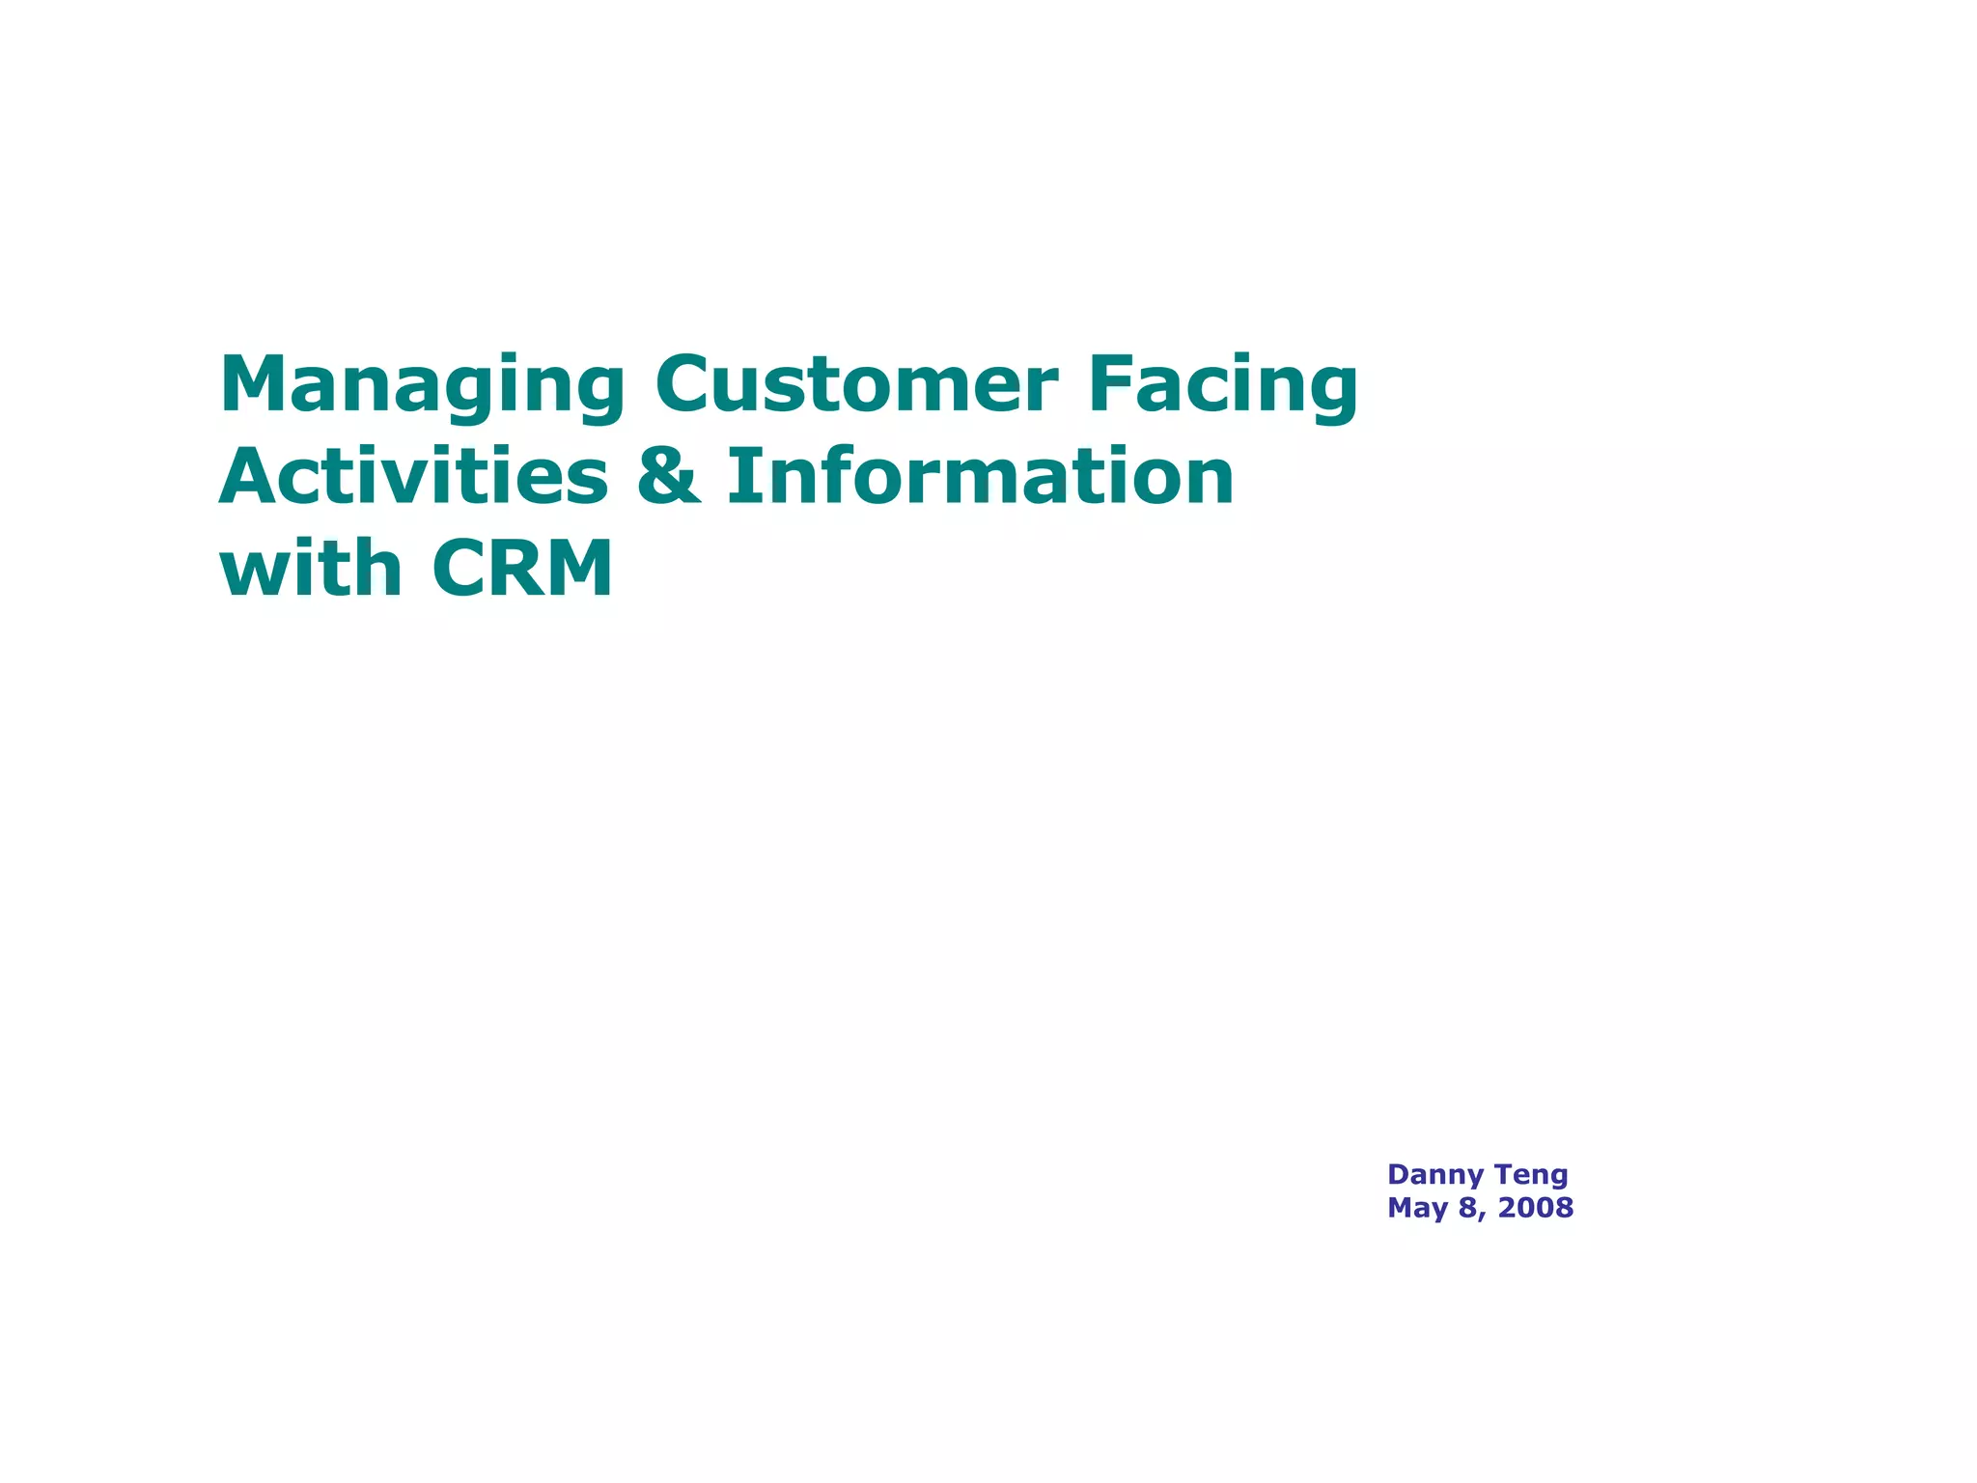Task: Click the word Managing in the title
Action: pos(423,385)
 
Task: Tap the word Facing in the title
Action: pos(1223,385)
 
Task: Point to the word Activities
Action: pos(414,476)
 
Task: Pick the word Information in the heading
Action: pos(980,476)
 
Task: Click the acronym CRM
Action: pos(522,569)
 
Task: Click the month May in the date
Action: pos(1417,1208)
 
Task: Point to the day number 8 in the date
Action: pos(1468,1208)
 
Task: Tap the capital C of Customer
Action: pos(686,383)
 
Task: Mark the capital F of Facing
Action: pos(1112,383)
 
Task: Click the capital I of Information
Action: pos(739,476)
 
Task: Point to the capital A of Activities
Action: pos(249,476)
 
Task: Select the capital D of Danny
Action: pos(1398,1175)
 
